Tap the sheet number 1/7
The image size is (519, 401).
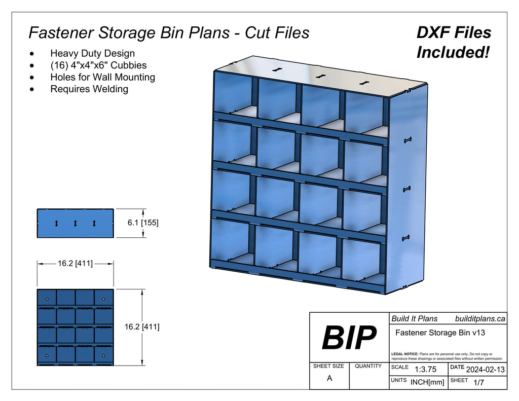[x=478, y=382]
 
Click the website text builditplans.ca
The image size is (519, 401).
[x=480, y=318]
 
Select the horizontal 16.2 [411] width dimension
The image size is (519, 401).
[x=75, y=263]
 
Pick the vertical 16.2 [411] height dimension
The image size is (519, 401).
[x=142, y=327]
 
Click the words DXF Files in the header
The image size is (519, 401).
[x=454, y=33]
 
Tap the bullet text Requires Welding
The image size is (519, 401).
[x=89, y=89]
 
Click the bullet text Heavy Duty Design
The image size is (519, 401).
[x=92, y=53]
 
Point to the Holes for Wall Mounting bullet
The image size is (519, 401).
[x=102, y=77]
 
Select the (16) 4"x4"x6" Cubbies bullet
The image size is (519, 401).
[x=98, y=65]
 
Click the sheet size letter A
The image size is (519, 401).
[x=329, y=378]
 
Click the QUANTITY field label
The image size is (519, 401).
[x=368, y=366]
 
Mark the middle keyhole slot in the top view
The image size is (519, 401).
[x=75, y=223]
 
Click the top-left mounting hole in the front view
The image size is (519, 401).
[x=47, y=299]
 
